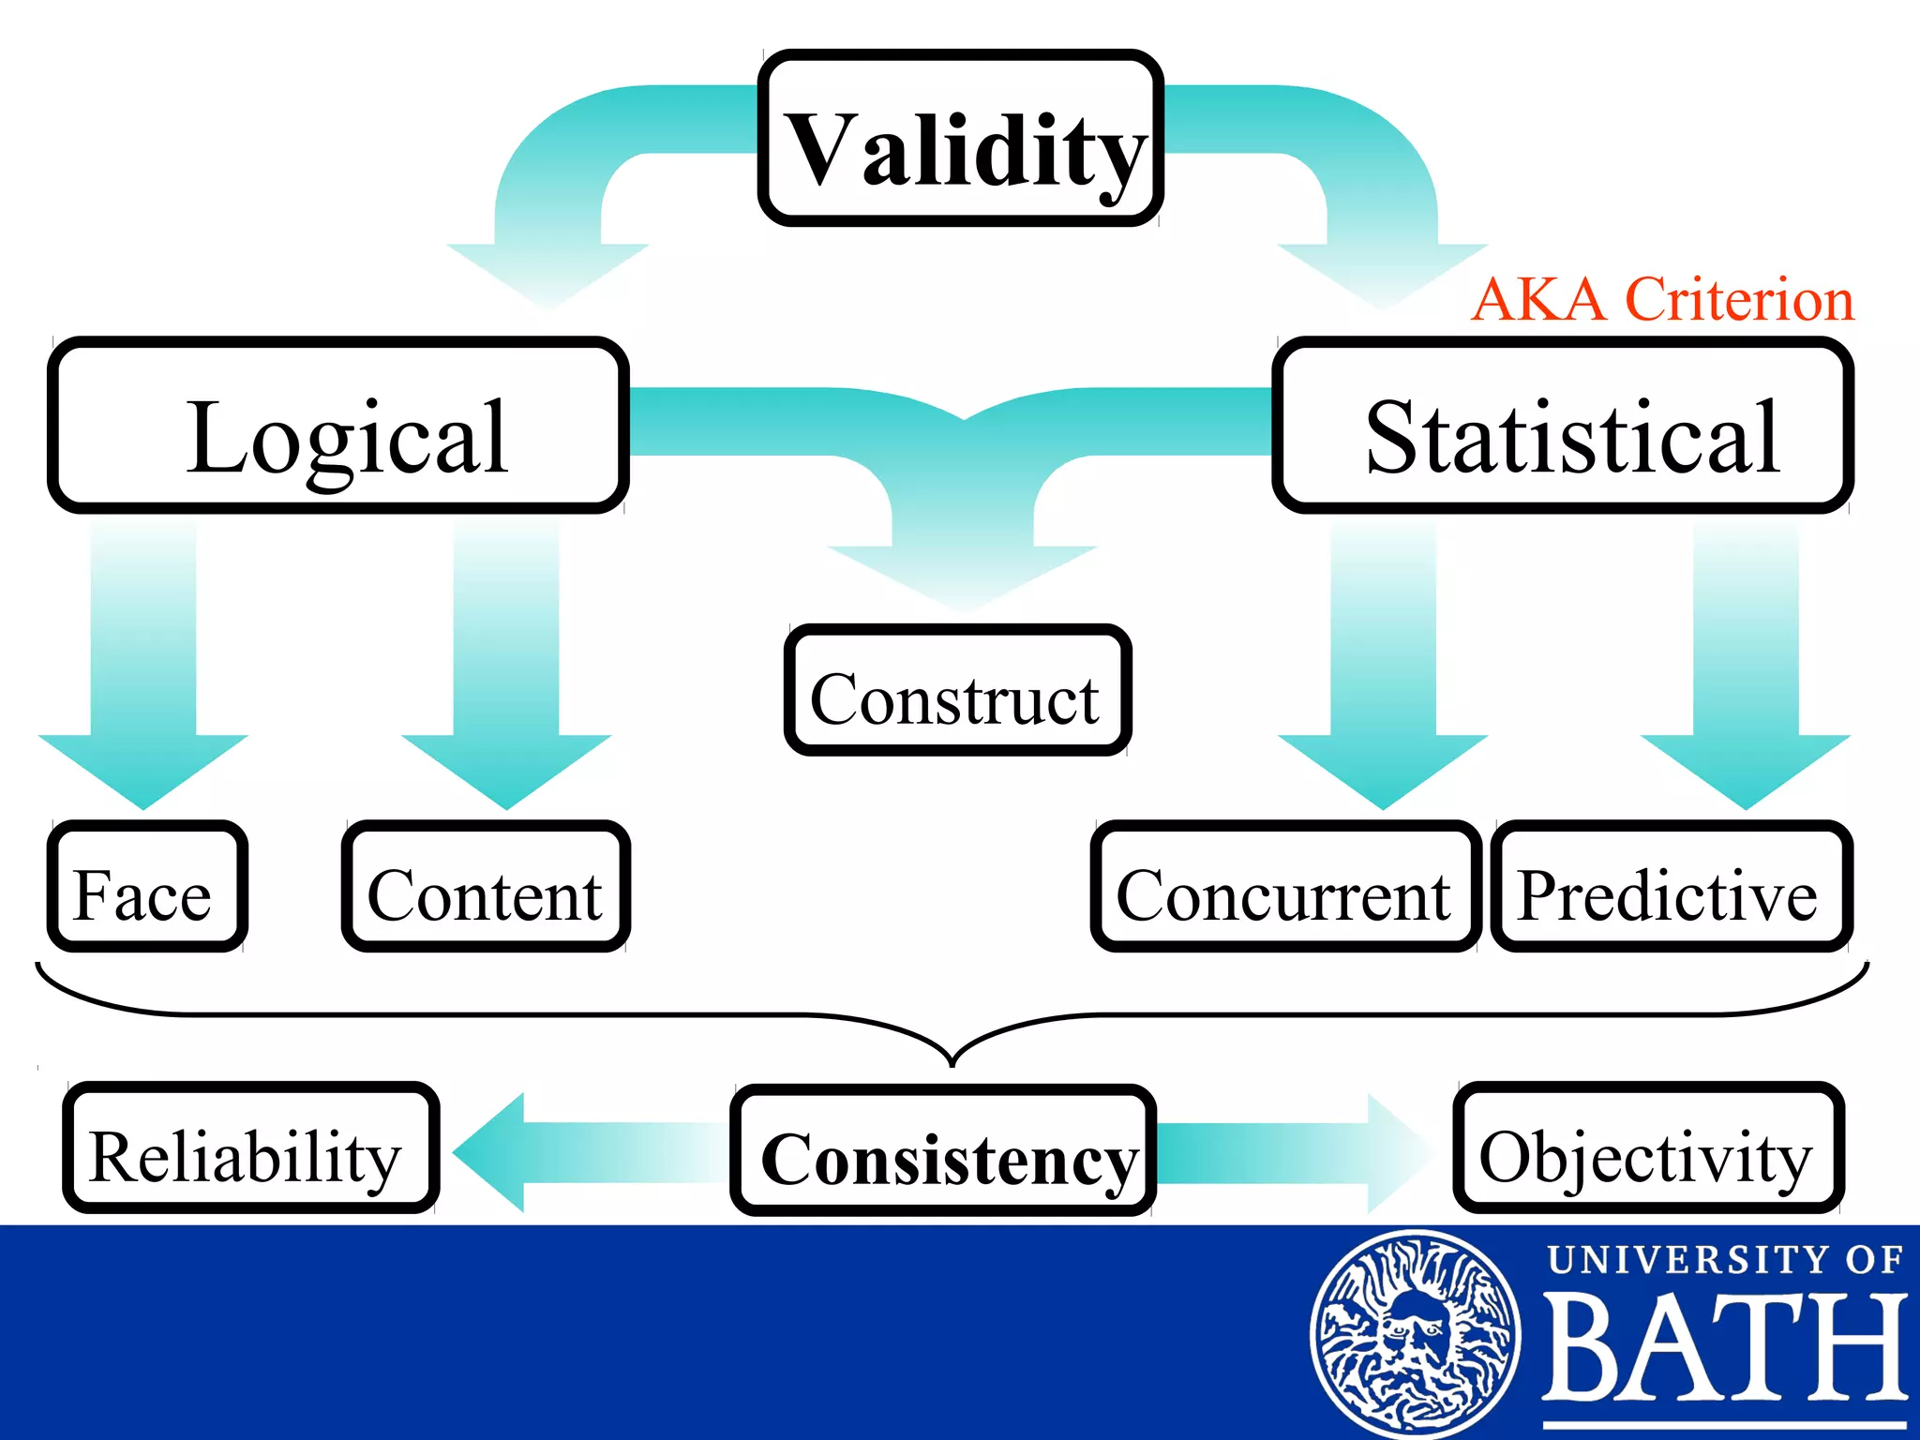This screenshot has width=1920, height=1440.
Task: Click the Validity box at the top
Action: [960, 139]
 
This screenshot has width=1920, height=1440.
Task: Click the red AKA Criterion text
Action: [1662, 300]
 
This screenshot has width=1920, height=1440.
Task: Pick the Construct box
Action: [957, 691]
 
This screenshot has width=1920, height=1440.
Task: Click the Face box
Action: [147, 887]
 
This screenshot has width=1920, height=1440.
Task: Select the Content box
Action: [486, 887]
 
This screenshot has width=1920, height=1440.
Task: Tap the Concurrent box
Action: [1285, 887]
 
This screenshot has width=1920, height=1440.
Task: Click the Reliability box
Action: [250, 1148]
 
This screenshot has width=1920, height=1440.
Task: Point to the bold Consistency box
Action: [943, 1152]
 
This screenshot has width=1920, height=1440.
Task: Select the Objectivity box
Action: [1648, 1148]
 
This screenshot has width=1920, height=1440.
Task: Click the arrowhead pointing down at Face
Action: [143, 769]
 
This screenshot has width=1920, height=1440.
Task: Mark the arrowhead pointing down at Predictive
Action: [1746, 769]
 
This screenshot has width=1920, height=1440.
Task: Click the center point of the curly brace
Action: [952, 1059]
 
